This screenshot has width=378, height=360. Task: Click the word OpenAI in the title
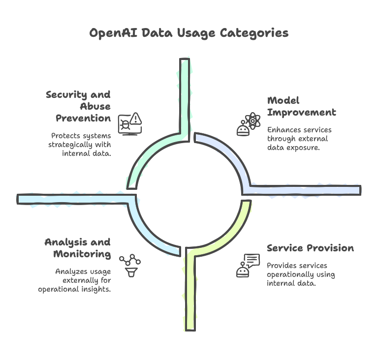tap(113, 33)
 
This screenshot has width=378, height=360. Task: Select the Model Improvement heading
tap(302, 107)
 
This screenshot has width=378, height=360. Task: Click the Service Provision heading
tap(310, 248)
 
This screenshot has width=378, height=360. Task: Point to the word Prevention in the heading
tap(83, 119)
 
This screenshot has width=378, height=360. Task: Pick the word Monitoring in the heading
tap(82, 254)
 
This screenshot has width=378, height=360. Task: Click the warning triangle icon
tap(136, 119)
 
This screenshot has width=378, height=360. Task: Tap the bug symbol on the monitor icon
tap(126, 124)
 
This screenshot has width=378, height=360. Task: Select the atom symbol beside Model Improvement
tap(252, 120)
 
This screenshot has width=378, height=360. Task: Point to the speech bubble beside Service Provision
tap(252, 261)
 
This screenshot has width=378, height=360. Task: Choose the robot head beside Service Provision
tap(243, 270)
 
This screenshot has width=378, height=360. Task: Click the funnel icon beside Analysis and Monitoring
tap(131, 272)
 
